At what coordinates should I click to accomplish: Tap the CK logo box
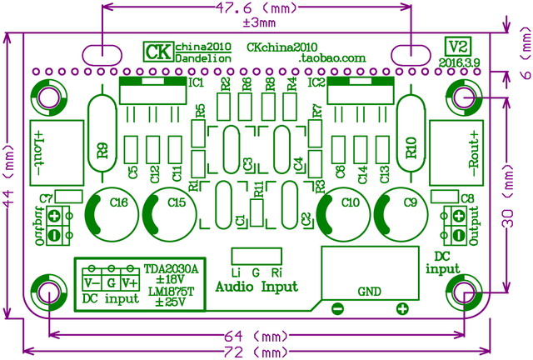click(157, 51)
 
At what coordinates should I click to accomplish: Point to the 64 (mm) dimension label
click(257, 336)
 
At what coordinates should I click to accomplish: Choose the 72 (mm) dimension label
click(257, 352)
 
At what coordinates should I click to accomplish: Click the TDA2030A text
click(172, 268)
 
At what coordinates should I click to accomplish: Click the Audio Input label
click(256, 287)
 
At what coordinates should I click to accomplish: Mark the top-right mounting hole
click(462, 97)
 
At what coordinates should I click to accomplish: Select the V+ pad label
click(129, 282)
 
